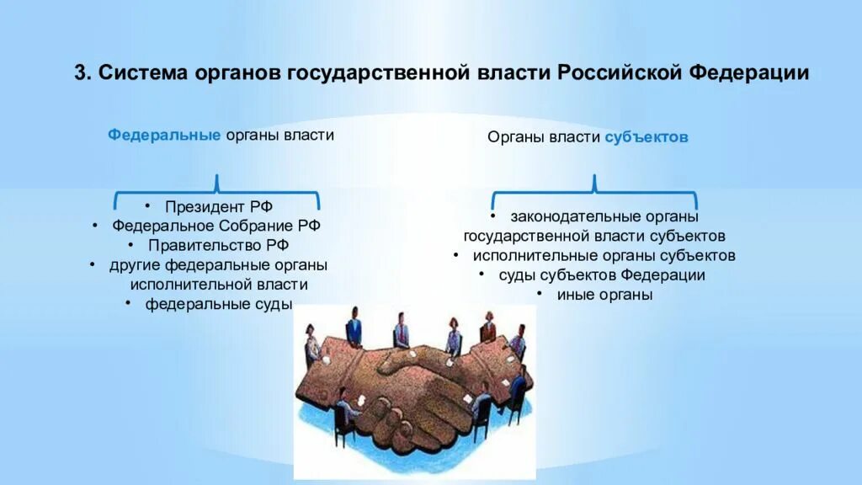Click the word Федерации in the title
(x=749, y=73)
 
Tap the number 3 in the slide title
(x=80, y=73)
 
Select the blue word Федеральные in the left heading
(x=164, y=135)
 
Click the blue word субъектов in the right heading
(x=646, y=136)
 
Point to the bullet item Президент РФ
(x=219, y=206)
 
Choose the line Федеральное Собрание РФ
(x=216, y=226)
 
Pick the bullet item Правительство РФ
(x=219, y=245)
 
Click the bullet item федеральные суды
(x=219, y=303)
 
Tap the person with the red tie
(x=402, y=330)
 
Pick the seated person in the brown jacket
(x=487, y=328)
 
